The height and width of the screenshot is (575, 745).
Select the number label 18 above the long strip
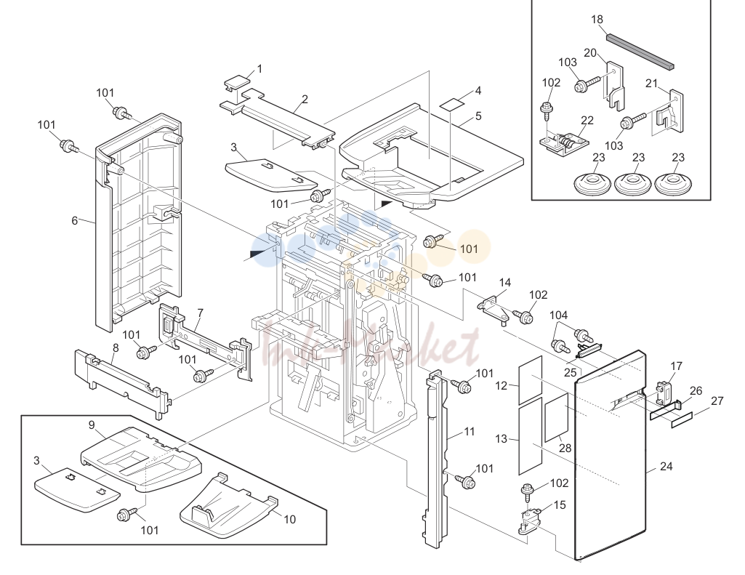[x=597, y=20]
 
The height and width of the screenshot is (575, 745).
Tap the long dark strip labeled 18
[x=640, y=50]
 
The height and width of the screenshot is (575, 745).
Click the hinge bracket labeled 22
[x=564, y=143]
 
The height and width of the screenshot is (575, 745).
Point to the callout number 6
[x=75, y=220]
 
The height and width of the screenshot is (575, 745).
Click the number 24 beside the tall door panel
[x=666, y=466]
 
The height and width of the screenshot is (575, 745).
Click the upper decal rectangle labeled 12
[x=531, y=379]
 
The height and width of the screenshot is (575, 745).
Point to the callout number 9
[x=92, y=425]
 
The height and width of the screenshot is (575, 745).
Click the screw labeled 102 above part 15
[x=528, y=492]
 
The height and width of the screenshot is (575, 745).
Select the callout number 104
[x=558, y=315]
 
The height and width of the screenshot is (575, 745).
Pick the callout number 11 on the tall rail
[x=469, y=432]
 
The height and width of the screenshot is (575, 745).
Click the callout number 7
[x=200, y=313]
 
